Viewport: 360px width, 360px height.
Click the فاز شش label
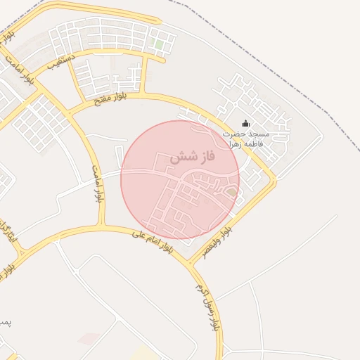point(192,157)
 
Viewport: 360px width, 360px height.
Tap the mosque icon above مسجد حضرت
point(245,123)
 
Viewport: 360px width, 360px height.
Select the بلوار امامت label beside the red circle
point(97,184)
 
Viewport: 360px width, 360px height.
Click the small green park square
point(159,44)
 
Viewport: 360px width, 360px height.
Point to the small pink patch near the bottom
point(88,340)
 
